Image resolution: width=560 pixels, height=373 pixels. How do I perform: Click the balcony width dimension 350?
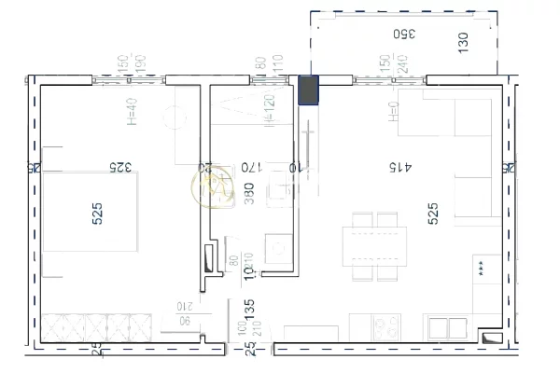pos(402,35)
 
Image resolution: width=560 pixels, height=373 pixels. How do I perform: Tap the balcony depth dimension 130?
pos(464,42)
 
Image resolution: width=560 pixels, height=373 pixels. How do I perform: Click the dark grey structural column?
pos(308,90)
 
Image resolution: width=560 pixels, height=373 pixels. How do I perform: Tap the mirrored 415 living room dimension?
pos(399,168)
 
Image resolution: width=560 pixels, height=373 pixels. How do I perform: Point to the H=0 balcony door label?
pos(393,113)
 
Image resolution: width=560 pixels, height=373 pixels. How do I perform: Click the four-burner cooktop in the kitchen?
pos(386,327)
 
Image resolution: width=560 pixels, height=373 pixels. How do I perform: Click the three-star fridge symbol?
pos(481,267)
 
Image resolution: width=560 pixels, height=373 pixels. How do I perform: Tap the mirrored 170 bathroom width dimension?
pos(248,168)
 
